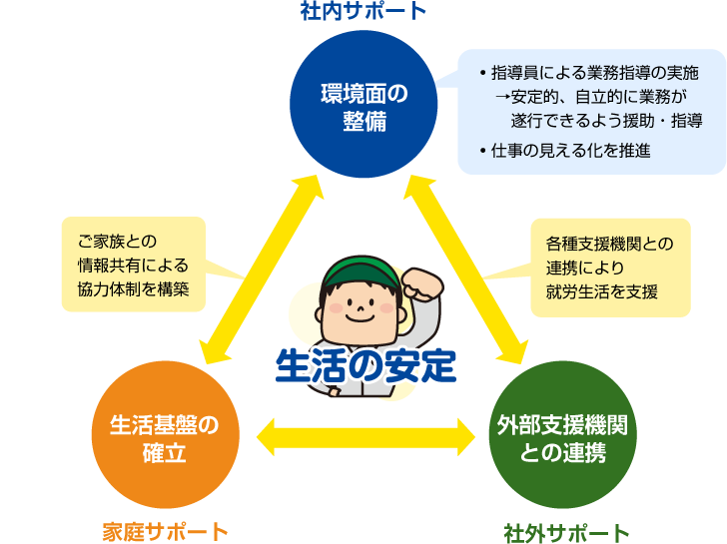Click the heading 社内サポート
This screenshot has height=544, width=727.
[363, 12]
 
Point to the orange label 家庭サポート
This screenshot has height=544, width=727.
[165, 531]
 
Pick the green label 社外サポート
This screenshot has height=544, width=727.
[566, 531]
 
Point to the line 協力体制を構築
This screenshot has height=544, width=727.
[133, 289]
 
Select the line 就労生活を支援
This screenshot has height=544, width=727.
[601, 290]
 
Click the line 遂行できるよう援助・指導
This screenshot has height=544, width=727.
[607, 120]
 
